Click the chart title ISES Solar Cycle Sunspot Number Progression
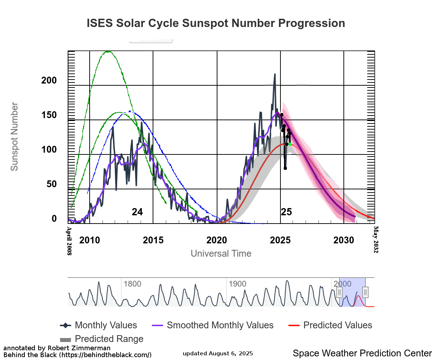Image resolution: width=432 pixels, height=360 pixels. [216, 23]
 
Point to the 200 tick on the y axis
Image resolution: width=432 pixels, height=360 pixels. [49, 81]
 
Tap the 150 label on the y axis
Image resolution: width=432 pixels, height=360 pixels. [49, 115]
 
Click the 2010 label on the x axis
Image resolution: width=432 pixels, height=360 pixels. [90, 240]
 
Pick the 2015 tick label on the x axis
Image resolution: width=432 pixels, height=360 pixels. [153, 240]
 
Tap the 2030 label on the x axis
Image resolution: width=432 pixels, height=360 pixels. [344, 240]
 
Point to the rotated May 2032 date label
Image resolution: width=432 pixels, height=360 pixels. [376, 239]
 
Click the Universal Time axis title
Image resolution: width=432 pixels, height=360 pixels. [221, 253]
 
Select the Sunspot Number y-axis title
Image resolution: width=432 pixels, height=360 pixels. [14, 137]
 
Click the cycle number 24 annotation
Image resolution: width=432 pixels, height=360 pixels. [137, 212]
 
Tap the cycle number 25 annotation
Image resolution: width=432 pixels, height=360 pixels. [286, 212]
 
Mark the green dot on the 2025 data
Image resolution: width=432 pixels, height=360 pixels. [290, 144]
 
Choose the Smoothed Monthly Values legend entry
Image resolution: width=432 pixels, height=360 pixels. [215, 325]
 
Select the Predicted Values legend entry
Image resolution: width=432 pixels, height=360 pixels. [330, 325]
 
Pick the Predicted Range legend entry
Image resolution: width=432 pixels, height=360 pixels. [102, 339]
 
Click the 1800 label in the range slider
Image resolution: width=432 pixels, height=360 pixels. [132, 284]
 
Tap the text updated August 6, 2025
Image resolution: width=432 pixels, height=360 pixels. [218, 354]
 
